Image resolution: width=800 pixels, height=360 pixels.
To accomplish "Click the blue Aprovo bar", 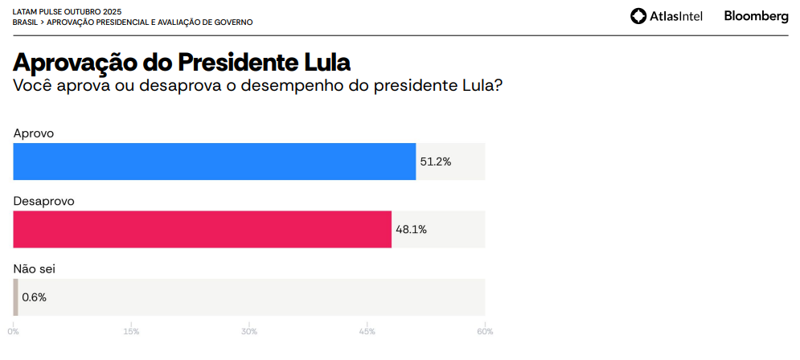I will click(x=215, y=162).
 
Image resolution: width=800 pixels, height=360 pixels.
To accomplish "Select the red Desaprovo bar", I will click(x=203, y=229).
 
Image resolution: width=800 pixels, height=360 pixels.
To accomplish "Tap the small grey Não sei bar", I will click(x=15, y=297).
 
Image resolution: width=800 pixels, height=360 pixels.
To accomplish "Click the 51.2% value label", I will click(x=436, y=162).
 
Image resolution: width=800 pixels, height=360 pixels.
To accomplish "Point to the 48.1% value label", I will click(x=411, y=230).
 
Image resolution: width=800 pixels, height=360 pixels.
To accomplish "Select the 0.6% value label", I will click(x=35, y=297).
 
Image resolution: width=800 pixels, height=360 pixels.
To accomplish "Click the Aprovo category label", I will click(x=34, y=133).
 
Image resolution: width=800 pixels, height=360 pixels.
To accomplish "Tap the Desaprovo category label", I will click(x=44, y=201).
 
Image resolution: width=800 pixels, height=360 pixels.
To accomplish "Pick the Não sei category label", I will click(x=35, y=269).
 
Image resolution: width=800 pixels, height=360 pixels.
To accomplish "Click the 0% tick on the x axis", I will click(x=14, y=331).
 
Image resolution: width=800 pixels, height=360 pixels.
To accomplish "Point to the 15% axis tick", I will click(x=132, y=331).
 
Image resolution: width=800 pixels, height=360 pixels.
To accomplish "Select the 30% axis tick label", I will click(x=249, y=331).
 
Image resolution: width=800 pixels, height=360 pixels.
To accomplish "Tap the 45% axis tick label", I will click(x=367, y=331).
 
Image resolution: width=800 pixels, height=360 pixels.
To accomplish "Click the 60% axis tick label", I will click(x=485, y=331).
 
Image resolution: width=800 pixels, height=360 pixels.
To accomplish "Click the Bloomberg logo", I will click(x=756, y=15).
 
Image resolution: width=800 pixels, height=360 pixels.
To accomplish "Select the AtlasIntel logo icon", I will click(x=638, y=16).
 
